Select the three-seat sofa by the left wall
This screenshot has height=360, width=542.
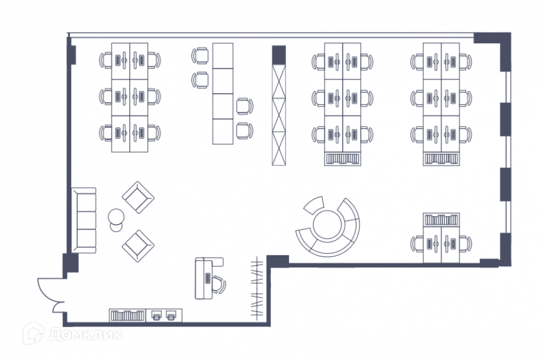pyautogui.click(x=84, y=220)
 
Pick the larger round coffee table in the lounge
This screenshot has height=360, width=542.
pyautogui.click(x=116, y=216)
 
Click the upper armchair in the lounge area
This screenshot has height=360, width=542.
pyautogui.click(x=139, y=196)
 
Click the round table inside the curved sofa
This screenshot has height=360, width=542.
pyautogui.click(x=327, y=224)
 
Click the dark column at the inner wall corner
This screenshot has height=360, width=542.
pyautogui.click(x=277, y=261)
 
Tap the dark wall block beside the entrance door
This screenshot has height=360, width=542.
pyautogui.click(x=70, y=264)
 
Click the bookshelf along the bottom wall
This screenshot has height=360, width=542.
pyautogui.click(x=127, y=315)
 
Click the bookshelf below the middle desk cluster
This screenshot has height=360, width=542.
pyautogui.click(x=343, y=158)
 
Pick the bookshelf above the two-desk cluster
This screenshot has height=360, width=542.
pyautogui.click(x=441, y=219)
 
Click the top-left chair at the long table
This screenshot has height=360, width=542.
pyautogui.click(x=201, y=56)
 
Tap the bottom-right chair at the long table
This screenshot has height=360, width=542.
pyautogui.click(x=243, y=129)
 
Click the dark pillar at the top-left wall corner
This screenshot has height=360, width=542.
pyautogui.click(x=72, y=51)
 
